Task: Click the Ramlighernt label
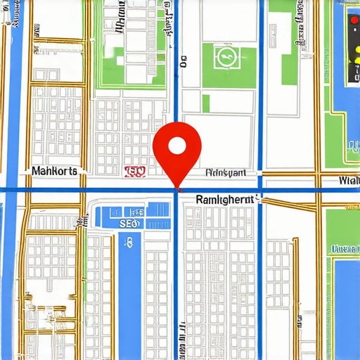click(225, 200)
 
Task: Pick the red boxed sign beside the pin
click(134, 171)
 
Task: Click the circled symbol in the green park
click(226, 58)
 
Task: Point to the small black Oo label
click(184, 63)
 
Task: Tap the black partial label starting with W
click(349, 181)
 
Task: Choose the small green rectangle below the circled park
click(206, 103)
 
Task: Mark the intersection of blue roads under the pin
click(175, 190)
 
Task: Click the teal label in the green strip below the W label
click(345, 248)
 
